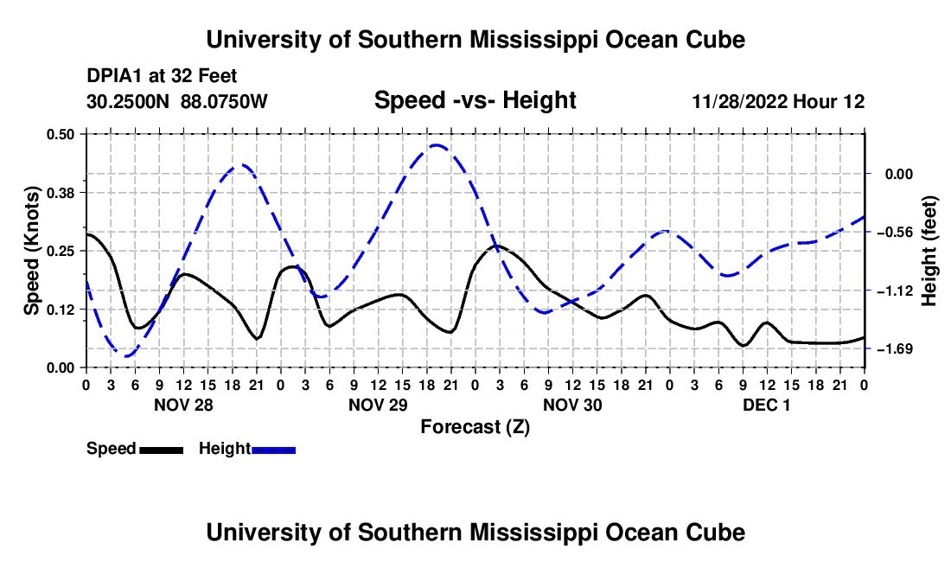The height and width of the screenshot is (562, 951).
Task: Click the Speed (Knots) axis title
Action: click(31, 251)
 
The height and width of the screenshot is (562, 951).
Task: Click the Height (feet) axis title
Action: click(929, 251)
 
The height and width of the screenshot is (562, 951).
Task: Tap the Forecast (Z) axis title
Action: click(475, 427)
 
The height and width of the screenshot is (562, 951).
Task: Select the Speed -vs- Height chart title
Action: click(475, 100)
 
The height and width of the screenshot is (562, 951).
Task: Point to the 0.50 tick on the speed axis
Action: click(61, 134)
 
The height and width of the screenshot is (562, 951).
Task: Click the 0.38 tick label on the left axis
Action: click(61, 193)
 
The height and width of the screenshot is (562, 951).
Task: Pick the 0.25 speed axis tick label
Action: click(61, 251)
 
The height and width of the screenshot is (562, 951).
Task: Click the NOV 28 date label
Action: click(184, 405)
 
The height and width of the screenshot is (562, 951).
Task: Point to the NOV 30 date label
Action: click(572, 405)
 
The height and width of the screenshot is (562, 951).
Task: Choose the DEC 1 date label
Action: click(767, 405)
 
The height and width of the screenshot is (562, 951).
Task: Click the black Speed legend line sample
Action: click(162, 450)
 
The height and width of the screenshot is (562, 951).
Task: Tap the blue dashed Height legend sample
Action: click(273, 450)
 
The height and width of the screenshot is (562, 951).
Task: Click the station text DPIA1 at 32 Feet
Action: click(162, 76)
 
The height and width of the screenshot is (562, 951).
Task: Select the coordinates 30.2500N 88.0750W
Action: click(177, 101)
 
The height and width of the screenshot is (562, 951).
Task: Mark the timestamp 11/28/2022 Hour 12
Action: click(778, 101)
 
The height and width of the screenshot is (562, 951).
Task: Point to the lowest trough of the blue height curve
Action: click(126, 356)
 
